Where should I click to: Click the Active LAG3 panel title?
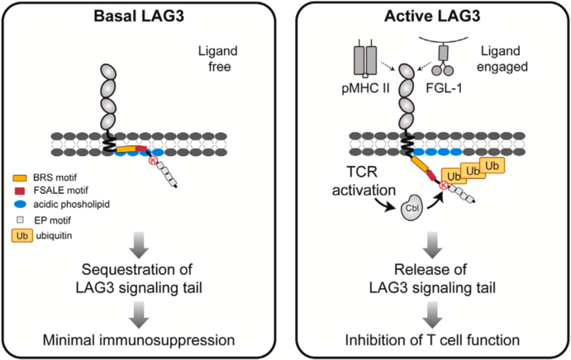[x=434, y=17]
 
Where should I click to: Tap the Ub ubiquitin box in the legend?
[x=23, y=233]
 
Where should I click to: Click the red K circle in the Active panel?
[x=443, y=185]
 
